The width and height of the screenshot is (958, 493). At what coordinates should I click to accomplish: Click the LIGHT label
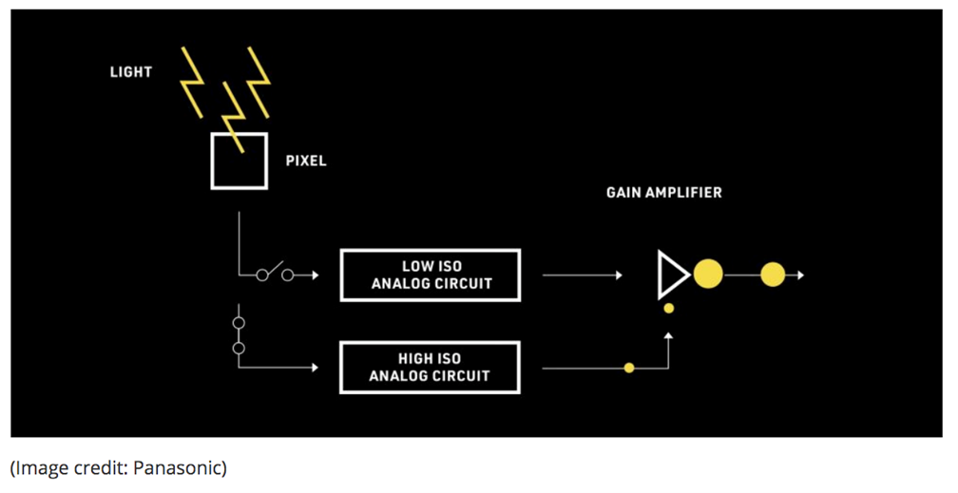pyautogui.click(x=130, y=71)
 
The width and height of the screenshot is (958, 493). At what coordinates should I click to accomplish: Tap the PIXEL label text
pyautogui.click(x=306, y=161)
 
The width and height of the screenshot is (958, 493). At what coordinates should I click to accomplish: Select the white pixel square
pyautogui.click(x=239, y=161)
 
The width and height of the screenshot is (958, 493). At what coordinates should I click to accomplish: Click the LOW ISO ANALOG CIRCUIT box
pyautogui.click(x=431, y=275)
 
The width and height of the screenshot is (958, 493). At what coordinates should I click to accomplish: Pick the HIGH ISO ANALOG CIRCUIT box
pyautogui.click(x=431, y=368)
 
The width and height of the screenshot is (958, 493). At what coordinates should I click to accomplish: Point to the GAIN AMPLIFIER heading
pyautogui.click(x=663, y=193)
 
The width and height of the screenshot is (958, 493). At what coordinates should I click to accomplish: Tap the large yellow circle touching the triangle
pyautogui.click(x=708, y=275)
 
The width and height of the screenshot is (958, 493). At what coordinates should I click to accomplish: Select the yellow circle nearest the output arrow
pyautogui.click(x=773, y=275)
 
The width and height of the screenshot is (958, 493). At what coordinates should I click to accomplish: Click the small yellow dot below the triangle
pyautogui.click(x=669, y=308)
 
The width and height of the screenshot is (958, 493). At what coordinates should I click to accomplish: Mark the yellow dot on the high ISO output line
pyautogui.click(x=628, y=368)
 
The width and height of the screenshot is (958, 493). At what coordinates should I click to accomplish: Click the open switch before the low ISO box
pyautogui.click(x=275, y=274)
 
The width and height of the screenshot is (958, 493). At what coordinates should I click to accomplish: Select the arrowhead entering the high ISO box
pyautogui.click(x=315, y=368)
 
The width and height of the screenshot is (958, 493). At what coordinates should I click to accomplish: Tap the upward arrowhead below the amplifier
pyautogui.click(x=669, y=335)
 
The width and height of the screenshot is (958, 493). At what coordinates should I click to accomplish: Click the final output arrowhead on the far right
pyautogui.click(x=801, y=275)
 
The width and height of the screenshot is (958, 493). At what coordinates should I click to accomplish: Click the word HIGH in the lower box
pyautogui.click(x=415, y=359)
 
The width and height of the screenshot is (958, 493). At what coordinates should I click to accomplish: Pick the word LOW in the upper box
pyautogui.click(x=417, y=267)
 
